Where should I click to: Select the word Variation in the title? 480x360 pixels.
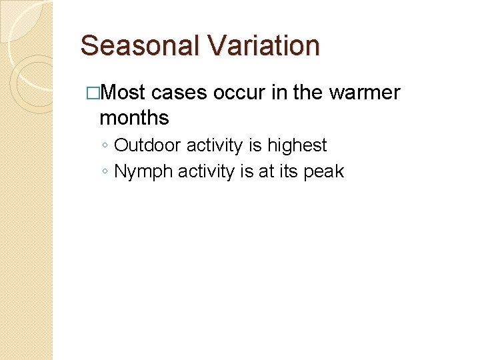[x=265, y=45]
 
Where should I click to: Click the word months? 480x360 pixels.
[x=134, y=118]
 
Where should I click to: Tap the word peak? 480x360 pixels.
[x=323, y=171]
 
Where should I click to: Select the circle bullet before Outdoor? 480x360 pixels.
[x=105, y=146]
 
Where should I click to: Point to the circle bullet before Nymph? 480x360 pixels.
[x=105, y=172]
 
